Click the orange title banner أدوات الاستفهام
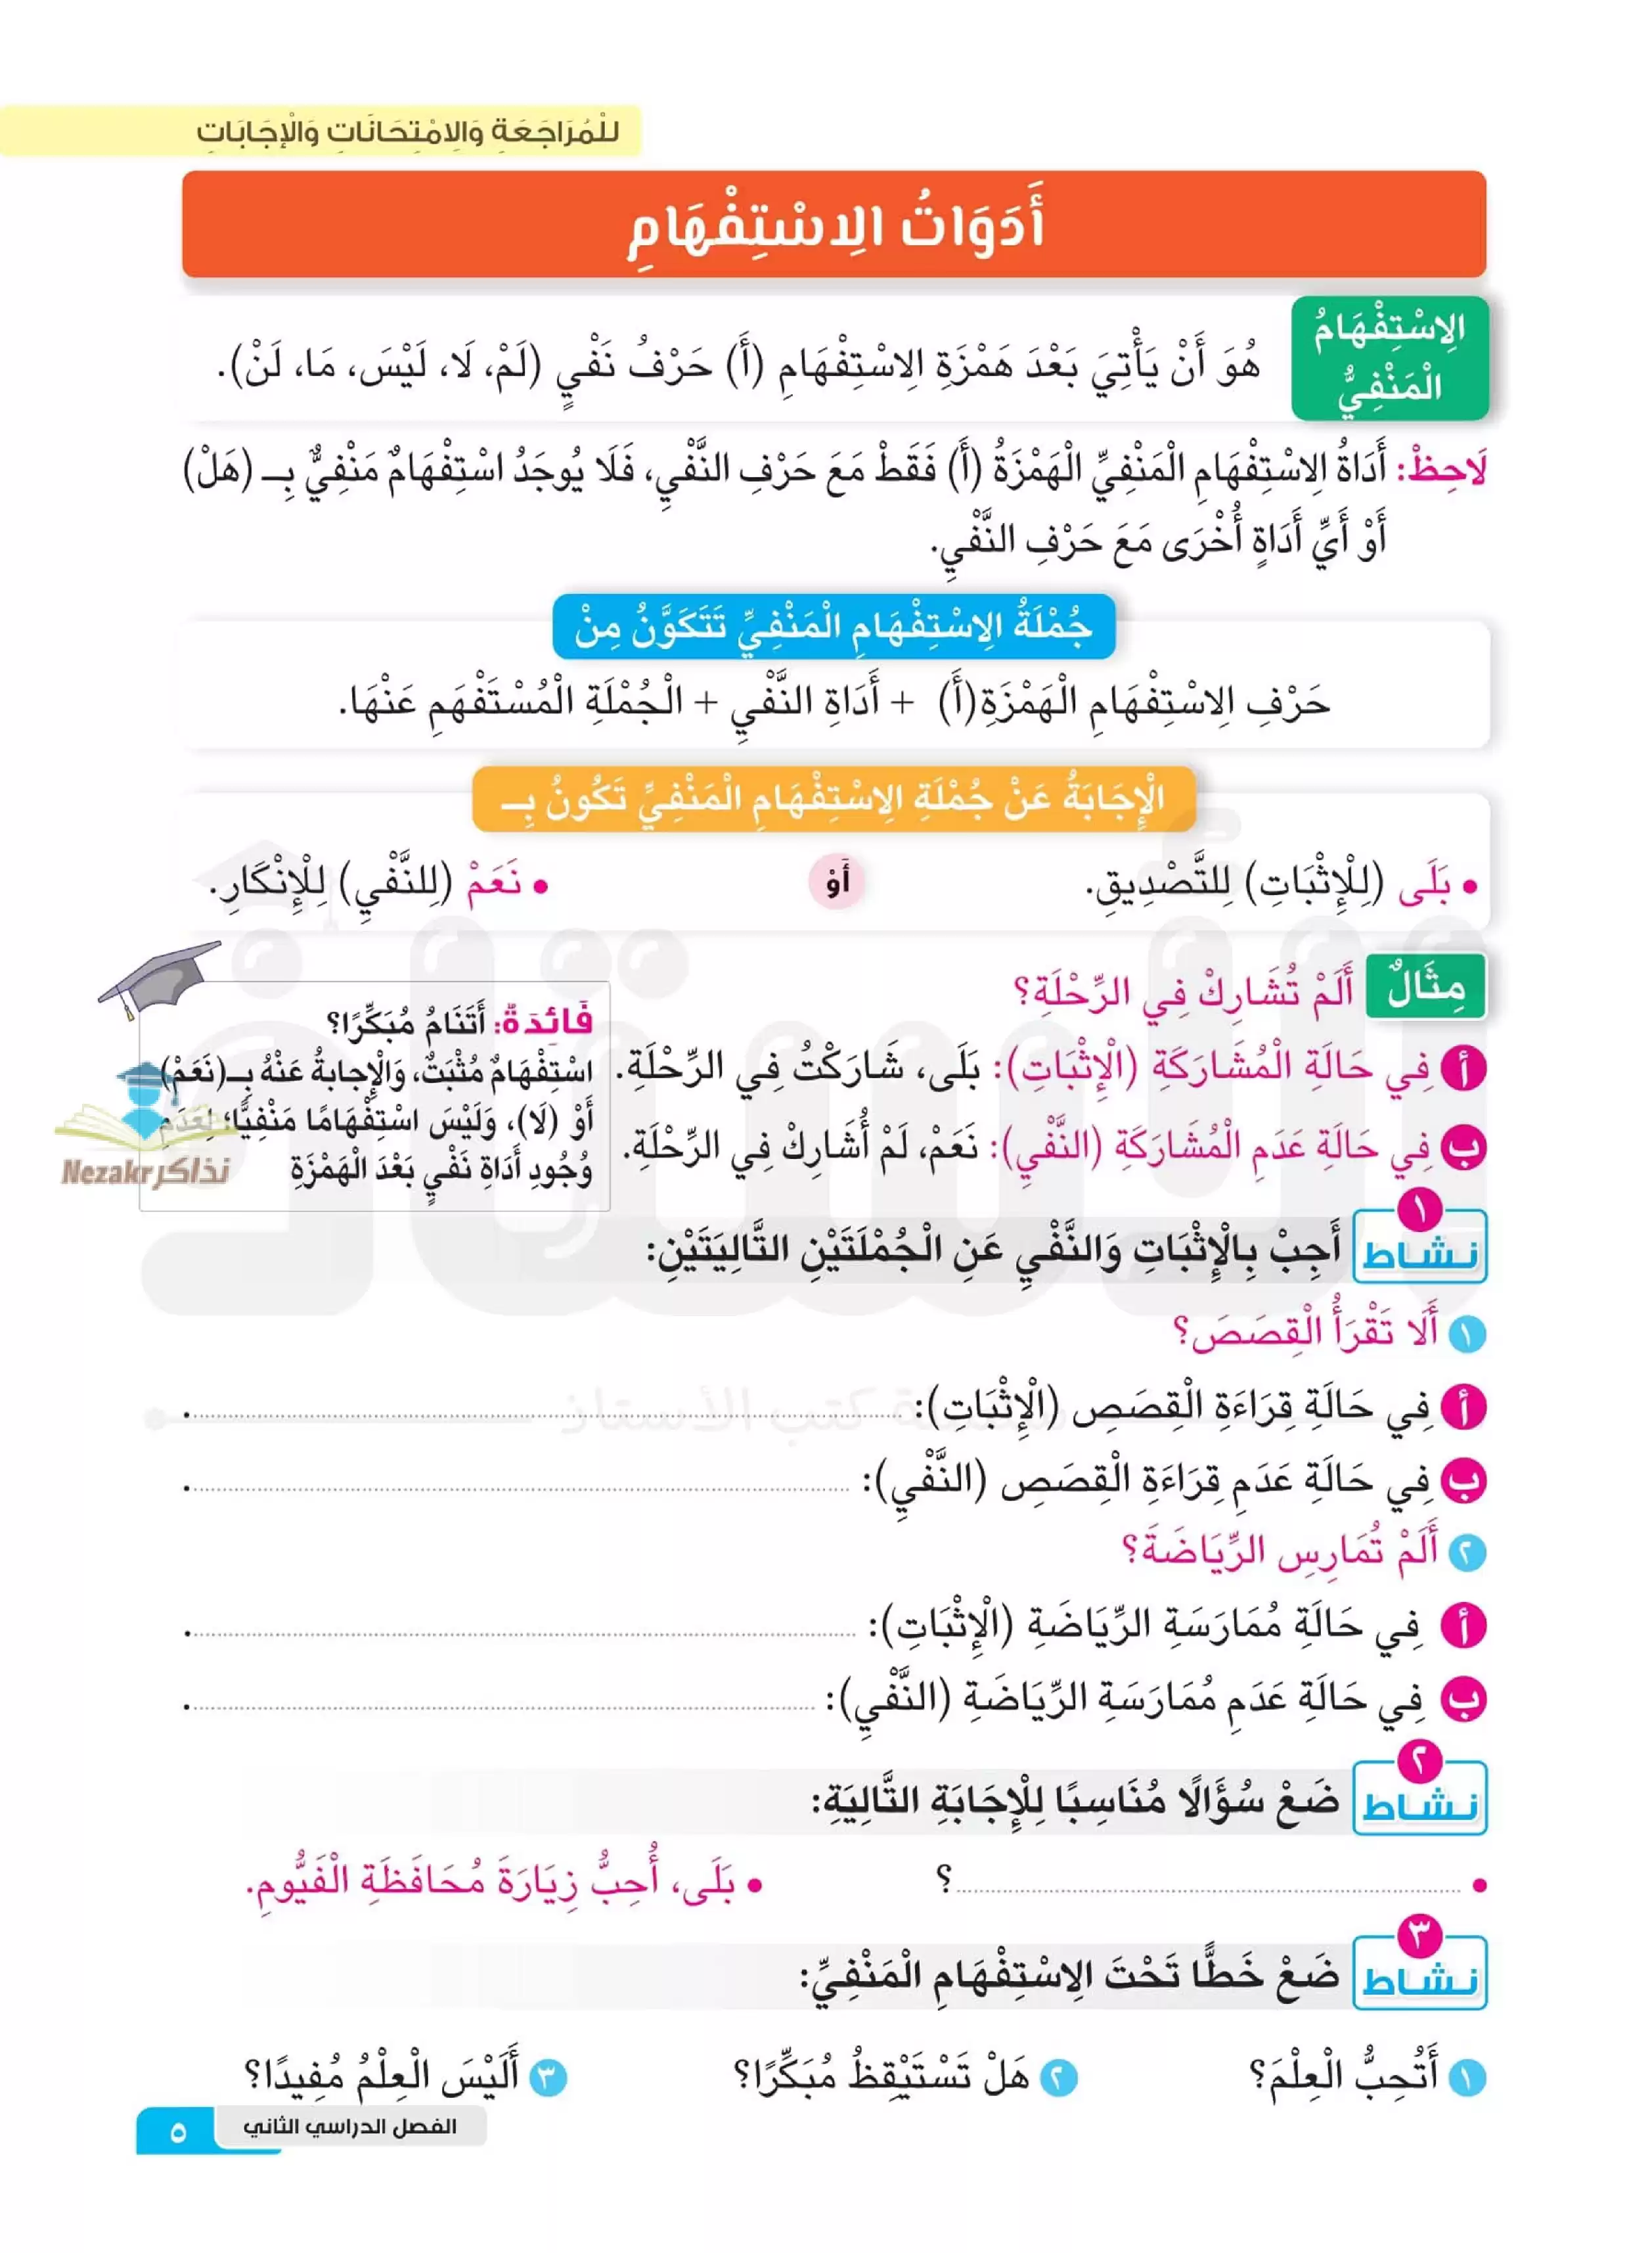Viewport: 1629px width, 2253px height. (834, 225)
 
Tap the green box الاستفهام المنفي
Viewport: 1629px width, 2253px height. (1389, 357)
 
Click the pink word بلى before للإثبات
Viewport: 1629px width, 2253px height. (1423, 887)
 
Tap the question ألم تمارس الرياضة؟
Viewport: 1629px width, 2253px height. (1282, 1550)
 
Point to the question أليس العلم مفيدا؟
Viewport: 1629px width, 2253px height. (382, 2074)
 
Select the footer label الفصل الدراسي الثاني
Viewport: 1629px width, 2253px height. (349, 2126)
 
